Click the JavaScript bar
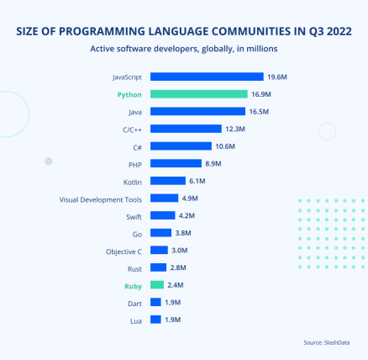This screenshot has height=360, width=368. tap(207, 77)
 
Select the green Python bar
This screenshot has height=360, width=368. tap(199, 94)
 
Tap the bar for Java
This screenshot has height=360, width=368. tap(197, 111)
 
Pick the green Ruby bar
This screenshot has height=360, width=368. tap(157, 285)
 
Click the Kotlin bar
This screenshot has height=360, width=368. tap(168, 181)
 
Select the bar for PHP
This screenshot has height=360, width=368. tap(176, 163)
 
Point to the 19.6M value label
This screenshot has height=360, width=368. tap(278, 77)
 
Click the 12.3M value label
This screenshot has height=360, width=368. tap(235, 129)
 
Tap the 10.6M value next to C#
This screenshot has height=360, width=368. tap(225, 146)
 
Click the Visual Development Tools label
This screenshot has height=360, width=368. tap(101, 199)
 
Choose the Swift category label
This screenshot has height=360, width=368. tap(133, 216)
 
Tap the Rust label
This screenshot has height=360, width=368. tap(134, 268)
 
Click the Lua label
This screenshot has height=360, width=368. tap(136, 320)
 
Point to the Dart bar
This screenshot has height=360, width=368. tap(155, 303)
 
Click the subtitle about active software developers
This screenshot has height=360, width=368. tap(184, 49)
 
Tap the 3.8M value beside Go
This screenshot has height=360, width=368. tap(185, 233)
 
